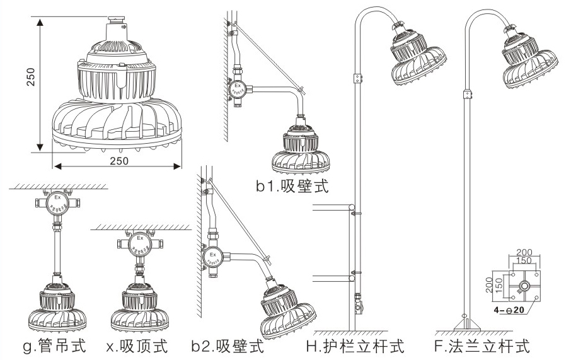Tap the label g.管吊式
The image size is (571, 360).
pos(53,346)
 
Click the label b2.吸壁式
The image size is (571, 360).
pos(228,346)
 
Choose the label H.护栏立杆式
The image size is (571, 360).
pos(355,346)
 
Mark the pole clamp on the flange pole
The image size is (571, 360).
pos(468,94)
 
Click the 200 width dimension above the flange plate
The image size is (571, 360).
pos(524,252)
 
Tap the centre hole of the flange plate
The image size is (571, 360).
pos(524,286)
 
